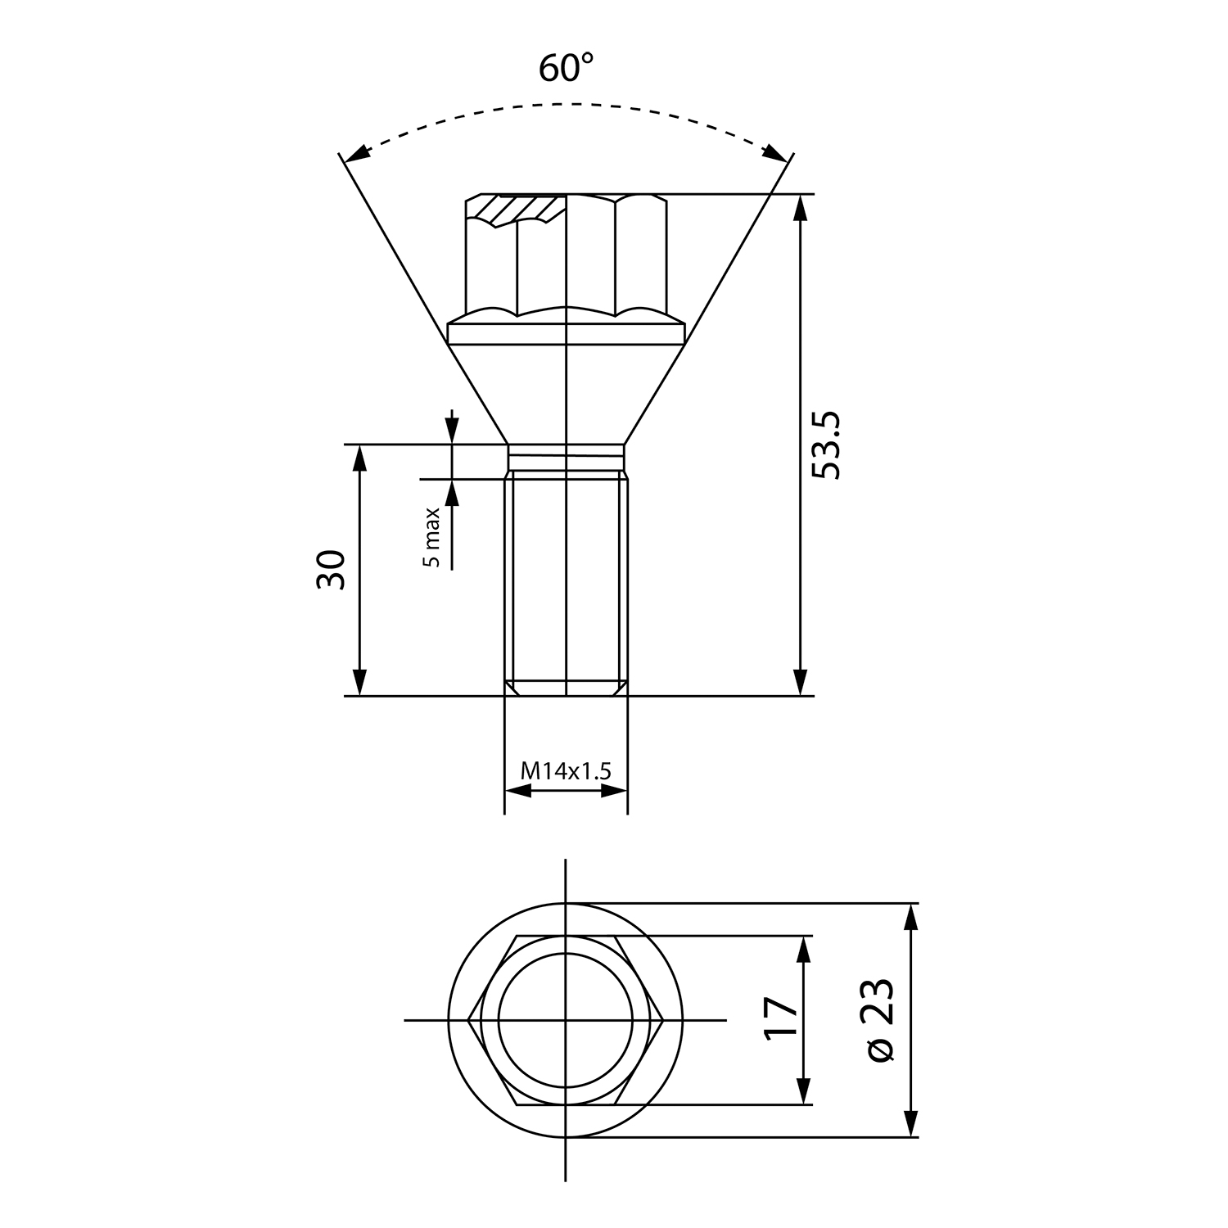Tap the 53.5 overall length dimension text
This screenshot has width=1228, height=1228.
pyautogui.click(x=826, y=445)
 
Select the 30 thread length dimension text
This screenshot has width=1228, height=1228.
pyautogui.click(x=332, y=570)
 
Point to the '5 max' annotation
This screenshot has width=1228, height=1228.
pyautogui.click(x=431, y=537)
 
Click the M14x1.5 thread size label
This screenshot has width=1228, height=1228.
pyautogui.click(x=566, y=770)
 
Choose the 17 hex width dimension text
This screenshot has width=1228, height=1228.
pyautogui.click(x=781, y=1018)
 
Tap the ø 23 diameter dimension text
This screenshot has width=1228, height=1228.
pyautogui.click(x=878, y=1019)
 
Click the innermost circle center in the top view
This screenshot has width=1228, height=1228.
pyautogui.click(x=566, y=1020)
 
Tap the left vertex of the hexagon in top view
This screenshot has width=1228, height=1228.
pyautogui.click(x=468, y=1020)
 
